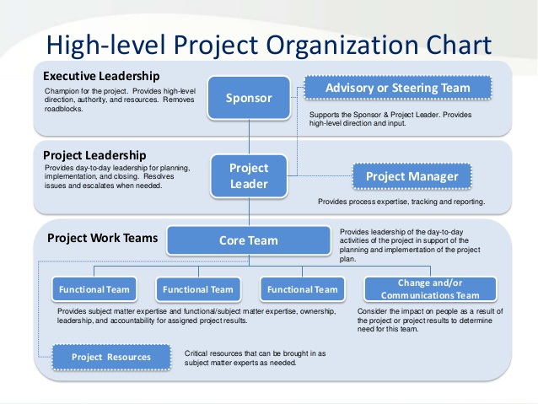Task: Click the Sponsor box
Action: [249, 98]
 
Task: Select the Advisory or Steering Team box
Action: [386, 88]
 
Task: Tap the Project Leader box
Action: [249, 176]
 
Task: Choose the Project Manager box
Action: [412, 176]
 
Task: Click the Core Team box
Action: [248, 240]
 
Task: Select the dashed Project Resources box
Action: [110, 357]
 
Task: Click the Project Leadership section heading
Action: [94, 155]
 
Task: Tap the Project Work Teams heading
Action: [102, 238]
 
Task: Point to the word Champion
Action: [60, 90]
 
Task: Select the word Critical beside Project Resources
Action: [197, 352]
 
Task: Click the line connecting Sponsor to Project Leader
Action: [249, 135]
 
